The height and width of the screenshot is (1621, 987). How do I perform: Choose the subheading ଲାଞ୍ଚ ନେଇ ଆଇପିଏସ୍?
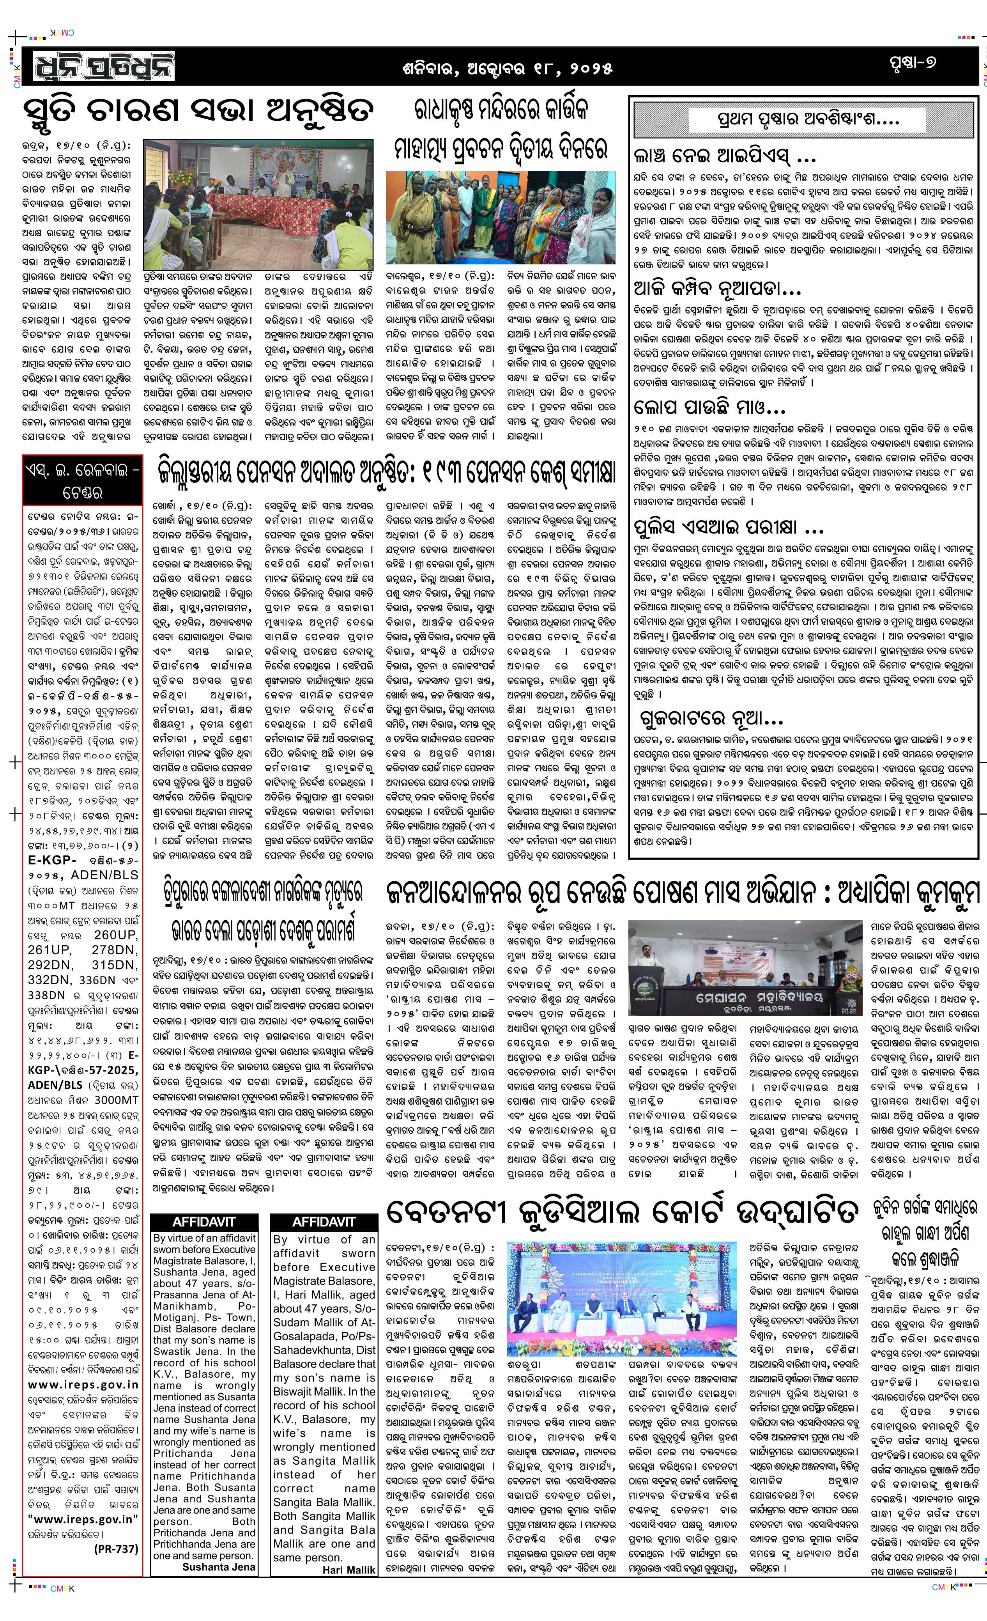tap(724, 157)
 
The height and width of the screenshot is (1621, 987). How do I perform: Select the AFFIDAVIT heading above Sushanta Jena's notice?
tap(204, 1222)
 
